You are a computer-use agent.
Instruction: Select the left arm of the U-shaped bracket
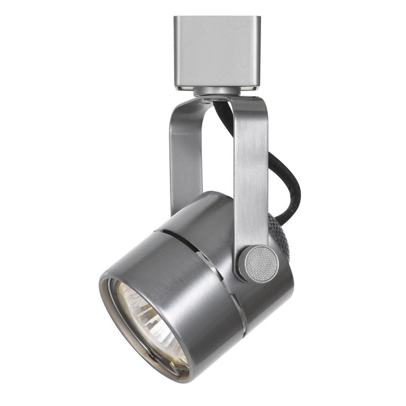tap(182, 157)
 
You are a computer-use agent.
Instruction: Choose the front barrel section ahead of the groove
tap(180, 278)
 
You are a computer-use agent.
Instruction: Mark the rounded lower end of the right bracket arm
tap(246, 273)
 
